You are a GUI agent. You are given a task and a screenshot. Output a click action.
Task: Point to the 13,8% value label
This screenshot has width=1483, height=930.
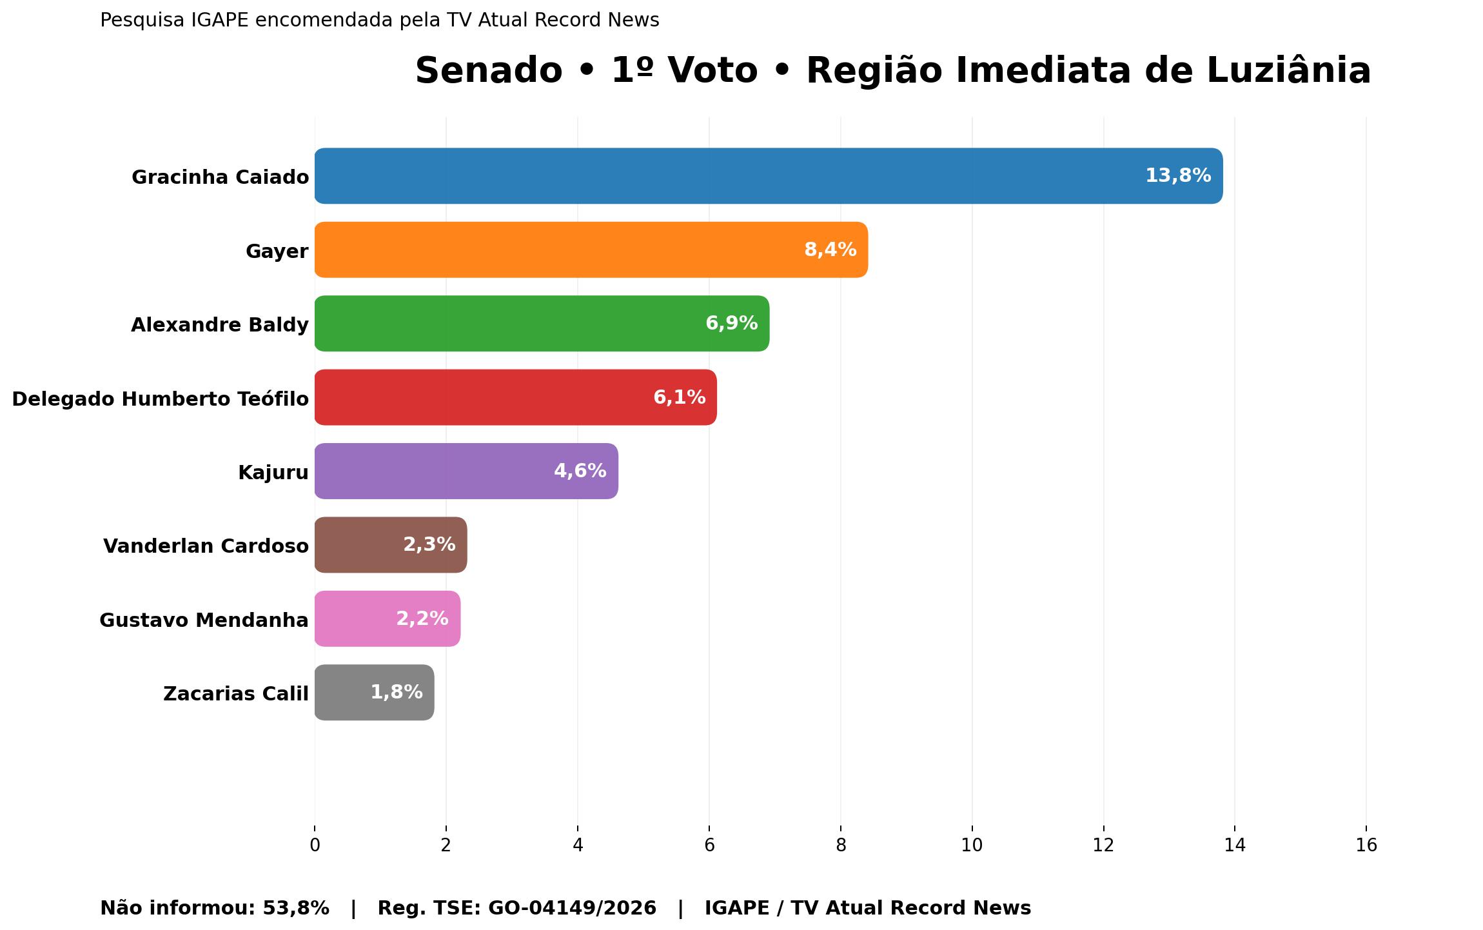click(1177, 175)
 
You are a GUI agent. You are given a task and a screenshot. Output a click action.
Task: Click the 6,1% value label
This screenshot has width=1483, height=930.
click(679, 397)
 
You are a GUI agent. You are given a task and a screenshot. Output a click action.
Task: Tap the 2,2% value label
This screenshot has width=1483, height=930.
click(422, 618)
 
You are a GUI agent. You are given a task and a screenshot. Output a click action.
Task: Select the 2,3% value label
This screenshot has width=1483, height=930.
click(429, 545)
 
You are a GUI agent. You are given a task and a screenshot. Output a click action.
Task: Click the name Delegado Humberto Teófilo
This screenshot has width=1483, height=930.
click(160, 399)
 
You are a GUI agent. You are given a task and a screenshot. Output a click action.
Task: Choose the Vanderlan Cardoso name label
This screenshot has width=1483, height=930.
click(206, 546)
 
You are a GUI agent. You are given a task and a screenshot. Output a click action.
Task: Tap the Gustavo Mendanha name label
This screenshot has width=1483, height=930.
click(204, 620)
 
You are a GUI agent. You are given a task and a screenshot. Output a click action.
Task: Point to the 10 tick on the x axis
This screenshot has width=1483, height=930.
click(972, 845)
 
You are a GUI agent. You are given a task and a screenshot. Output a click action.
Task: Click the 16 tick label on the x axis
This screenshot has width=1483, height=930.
click(1366, 845)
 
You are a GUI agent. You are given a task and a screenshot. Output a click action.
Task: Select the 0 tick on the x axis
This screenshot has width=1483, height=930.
click(315, 845)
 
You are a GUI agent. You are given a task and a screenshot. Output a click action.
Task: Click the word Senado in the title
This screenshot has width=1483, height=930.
click(488, 70)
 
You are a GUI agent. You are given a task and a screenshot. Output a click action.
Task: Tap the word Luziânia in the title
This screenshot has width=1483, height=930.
click(1288, 70)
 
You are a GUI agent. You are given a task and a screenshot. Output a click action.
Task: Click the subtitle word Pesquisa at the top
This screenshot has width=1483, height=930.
click(142, 21)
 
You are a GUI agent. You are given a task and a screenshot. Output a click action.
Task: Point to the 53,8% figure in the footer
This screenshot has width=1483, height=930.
click(295, 908)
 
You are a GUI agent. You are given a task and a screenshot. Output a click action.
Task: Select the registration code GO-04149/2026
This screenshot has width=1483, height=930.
click(572, 908)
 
